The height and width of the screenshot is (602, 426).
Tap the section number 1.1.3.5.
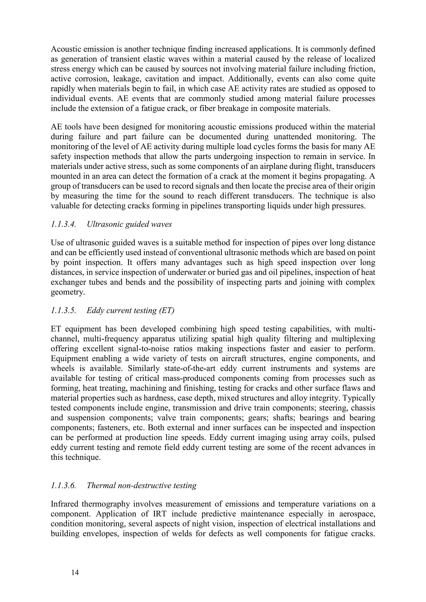63,310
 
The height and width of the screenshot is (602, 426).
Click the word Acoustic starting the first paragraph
65,49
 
